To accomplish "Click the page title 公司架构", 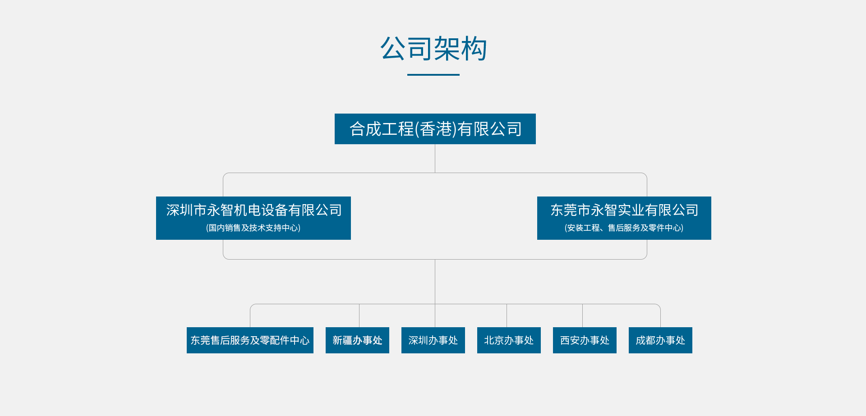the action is point(433,49).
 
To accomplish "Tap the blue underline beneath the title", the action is point(433,75).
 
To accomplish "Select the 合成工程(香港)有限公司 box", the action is point(435,129).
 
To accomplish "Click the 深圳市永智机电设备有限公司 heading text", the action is point(254,210).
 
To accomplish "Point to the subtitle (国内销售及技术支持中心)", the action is point(253,228).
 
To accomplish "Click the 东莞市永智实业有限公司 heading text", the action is point(624,210).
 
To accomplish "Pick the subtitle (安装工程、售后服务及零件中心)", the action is point(624,228).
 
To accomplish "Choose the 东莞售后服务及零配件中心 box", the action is point(250,340).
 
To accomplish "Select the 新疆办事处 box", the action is point(357,340).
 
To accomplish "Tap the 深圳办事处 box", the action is point(433,340).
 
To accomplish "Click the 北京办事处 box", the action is point(509,340).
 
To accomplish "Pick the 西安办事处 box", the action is point(585,340).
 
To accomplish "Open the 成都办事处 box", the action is point(660,340).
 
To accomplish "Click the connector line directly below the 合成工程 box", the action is point(435,158).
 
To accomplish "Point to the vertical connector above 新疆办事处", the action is point(359,315).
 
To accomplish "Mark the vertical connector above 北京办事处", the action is point(507,315).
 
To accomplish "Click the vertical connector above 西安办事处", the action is point(582,315).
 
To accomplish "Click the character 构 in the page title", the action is point(474,49).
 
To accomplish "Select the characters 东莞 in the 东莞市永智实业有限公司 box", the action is point(564,210).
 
